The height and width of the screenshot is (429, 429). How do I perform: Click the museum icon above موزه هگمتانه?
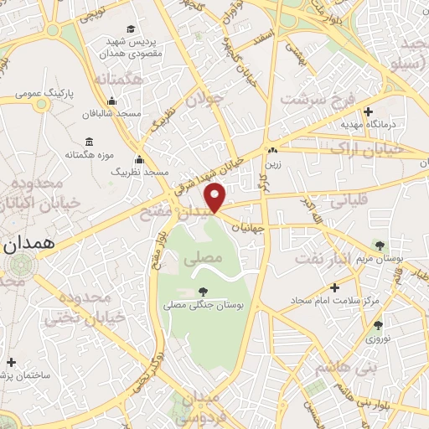[x=90, y=142]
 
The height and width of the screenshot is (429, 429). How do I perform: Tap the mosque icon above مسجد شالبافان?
[x=90, y=100]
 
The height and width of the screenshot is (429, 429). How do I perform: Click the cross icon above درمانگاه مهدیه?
[x=368, y=111]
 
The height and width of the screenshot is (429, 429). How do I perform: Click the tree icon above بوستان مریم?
[x=380, y=246]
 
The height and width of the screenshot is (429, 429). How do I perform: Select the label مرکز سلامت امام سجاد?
[x=335, y=299]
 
